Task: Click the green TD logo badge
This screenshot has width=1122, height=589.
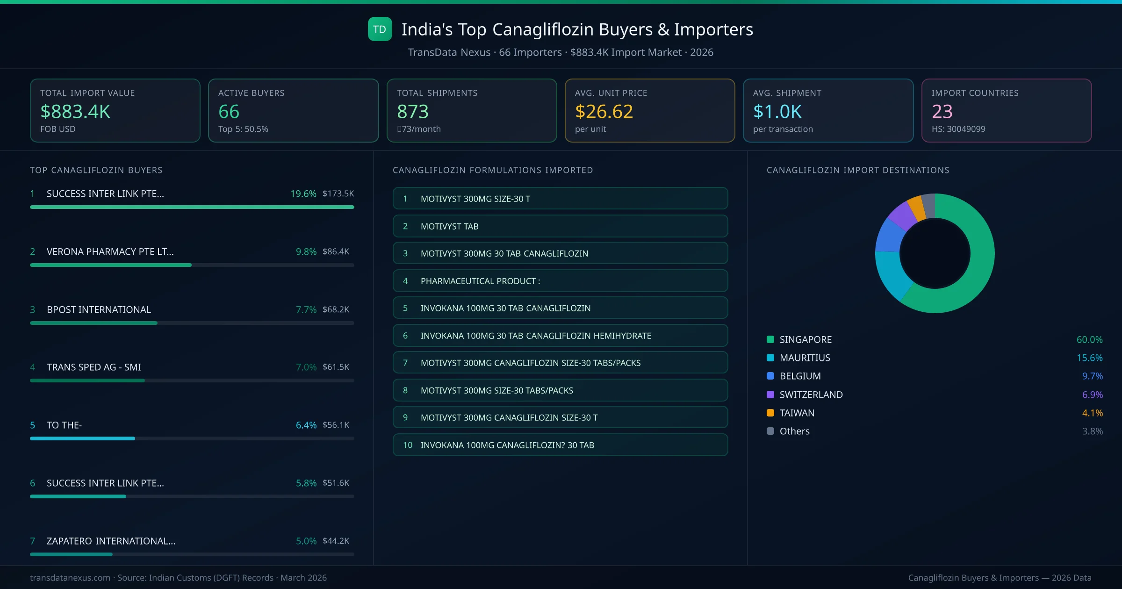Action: [380, 29]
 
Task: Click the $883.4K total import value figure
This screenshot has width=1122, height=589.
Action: [75, 112]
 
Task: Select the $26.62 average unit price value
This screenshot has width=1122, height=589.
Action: [604, 112]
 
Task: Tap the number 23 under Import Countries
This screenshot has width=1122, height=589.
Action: [942, 112]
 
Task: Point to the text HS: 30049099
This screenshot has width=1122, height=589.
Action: [958, 129]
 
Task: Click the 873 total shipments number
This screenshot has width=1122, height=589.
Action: [412, 112]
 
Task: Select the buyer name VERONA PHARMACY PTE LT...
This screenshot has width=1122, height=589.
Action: [110, 251]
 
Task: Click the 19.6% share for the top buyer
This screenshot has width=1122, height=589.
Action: [303, 194]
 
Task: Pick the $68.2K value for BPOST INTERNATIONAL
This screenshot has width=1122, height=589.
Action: [336, 309]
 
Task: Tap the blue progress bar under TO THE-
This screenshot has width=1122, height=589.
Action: [82, 438]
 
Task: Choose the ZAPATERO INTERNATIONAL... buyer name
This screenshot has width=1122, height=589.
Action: [111, 541]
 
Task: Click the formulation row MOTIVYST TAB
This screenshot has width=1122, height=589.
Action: [560, 226]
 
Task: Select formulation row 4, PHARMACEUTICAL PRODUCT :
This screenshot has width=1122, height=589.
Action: [560, 281]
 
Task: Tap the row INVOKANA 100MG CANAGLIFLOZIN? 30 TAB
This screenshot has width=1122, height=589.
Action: [560, 445]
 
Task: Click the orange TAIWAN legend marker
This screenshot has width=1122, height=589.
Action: [770, 413]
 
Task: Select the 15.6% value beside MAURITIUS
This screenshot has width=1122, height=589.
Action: [1089, 358]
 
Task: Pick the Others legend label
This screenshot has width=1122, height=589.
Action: [794, 431]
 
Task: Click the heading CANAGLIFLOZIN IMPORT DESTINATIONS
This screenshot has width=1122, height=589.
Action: [857, 170]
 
